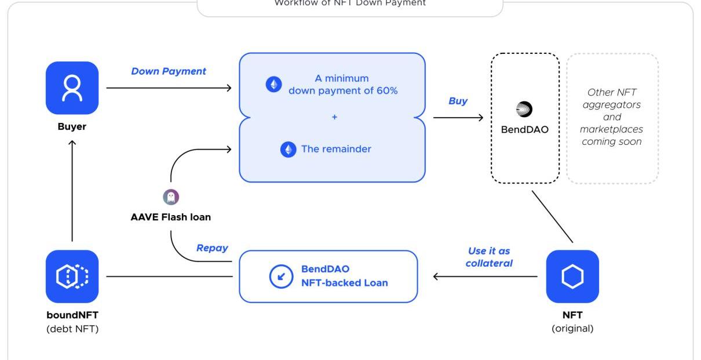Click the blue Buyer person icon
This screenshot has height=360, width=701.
[72, 88]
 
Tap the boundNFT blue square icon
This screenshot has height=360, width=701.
[72, 276]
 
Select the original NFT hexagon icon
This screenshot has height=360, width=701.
[572, 277]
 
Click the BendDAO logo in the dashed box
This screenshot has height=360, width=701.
[524, 109]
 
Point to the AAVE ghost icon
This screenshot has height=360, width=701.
[171, 197]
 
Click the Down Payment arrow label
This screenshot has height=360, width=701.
[169, 71]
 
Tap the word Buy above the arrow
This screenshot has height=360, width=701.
[458, 101]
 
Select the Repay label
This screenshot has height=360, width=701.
[212, 248]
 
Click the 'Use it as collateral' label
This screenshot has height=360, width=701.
[490, 257]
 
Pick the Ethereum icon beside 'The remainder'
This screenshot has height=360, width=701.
[288, 150]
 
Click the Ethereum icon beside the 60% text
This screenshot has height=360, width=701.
[273, 85]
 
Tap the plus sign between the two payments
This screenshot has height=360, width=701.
[334, 117]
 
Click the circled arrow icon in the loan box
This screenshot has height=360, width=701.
[281, 277]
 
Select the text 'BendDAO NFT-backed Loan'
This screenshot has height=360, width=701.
[344, 277]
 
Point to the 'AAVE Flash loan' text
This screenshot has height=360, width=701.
[170, 218]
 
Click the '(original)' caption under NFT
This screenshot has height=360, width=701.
[572, 329]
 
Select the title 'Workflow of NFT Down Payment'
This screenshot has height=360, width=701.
[349, 3]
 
